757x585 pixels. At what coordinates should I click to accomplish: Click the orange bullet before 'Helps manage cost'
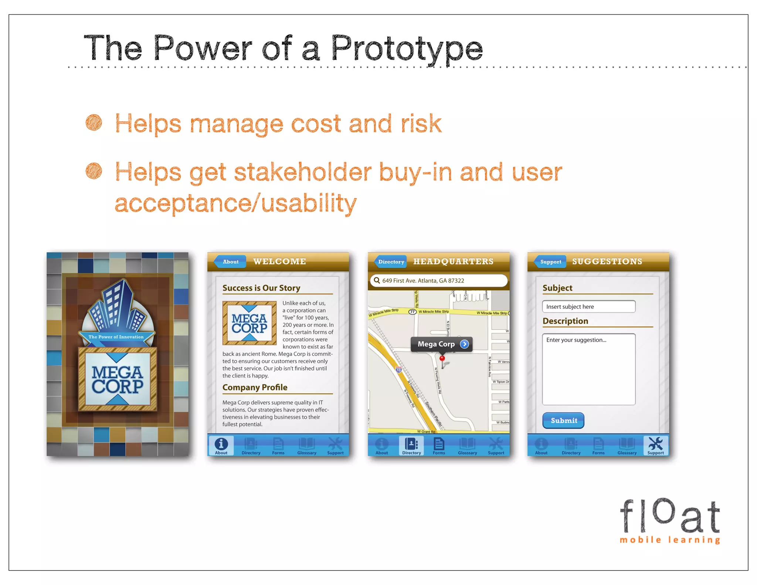point(94,122)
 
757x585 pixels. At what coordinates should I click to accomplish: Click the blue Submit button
point(563,420)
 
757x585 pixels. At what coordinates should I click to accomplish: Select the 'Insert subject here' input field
point(588,307)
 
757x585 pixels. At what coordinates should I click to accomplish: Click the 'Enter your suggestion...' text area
point(588,369)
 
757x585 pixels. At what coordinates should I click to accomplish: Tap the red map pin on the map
point(442,359)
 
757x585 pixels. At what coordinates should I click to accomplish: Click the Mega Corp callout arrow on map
point(464,344)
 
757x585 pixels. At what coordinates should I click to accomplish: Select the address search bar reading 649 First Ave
point(438,281)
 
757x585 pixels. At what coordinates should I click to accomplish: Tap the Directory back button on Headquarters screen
point(391,262)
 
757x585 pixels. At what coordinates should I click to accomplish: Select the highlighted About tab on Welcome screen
point(221,446)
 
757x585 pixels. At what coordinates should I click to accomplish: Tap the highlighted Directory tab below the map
point(411,446)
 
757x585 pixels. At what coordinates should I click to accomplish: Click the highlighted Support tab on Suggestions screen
point(655,446)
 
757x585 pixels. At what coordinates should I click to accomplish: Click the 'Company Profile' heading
point(255,388)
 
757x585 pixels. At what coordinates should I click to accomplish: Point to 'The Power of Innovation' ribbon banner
point(116,337)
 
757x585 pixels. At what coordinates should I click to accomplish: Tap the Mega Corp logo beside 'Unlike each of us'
point(249,323)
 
